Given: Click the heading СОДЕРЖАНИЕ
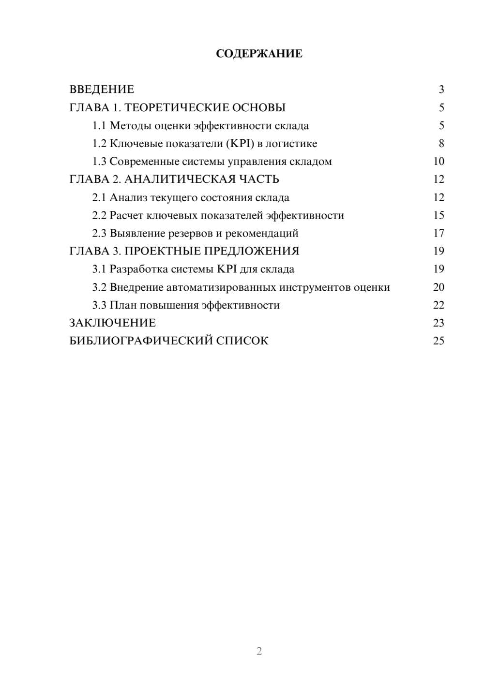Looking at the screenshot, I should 259,54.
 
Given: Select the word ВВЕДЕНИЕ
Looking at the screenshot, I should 102,89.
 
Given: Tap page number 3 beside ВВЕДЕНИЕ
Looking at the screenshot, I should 441,89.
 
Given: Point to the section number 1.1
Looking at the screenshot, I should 99,126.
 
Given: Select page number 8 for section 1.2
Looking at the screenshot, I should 441,144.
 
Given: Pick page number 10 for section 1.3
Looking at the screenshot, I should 439,162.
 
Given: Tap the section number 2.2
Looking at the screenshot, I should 99,215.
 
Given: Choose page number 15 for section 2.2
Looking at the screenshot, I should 439,215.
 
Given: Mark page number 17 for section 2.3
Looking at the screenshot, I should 439,233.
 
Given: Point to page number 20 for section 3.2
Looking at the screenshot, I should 439,287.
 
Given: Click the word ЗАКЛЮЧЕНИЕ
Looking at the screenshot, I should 112,323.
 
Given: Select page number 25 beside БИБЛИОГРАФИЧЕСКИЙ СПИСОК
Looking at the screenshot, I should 439,341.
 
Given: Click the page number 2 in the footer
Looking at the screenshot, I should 259,651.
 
